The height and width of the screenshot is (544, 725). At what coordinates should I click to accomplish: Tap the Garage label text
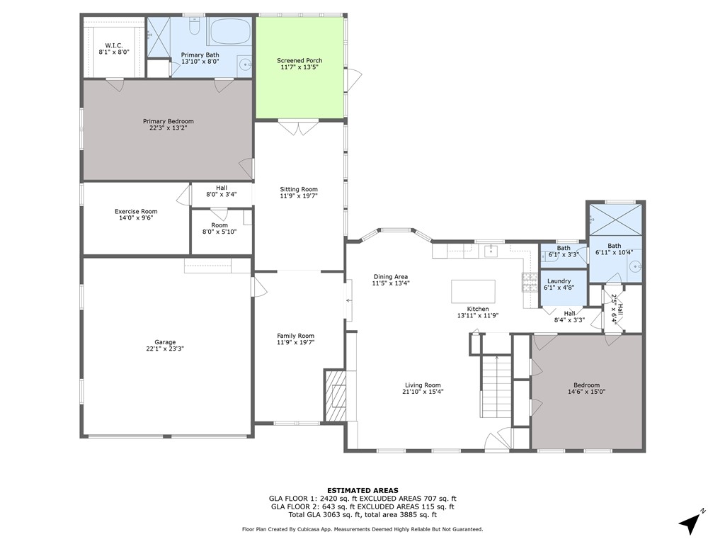165,342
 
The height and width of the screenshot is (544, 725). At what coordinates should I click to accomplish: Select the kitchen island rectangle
473,291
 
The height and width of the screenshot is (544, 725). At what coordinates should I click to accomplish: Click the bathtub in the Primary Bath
229,31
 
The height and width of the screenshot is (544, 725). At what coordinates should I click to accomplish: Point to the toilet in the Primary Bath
195,28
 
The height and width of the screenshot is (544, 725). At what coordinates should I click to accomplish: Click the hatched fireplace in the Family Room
335,395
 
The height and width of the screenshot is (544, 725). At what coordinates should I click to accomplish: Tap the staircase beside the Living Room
496,386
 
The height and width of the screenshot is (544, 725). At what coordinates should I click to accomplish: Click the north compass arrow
690,523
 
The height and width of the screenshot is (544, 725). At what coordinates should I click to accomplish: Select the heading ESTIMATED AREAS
362,490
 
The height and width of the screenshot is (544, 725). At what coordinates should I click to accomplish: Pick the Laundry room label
559,280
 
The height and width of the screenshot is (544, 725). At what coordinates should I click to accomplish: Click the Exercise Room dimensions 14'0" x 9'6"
136,217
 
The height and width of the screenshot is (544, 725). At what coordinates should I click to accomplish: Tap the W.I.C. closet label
114,45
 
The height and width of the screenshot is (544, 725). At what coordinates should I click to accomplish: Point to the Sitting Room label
299,189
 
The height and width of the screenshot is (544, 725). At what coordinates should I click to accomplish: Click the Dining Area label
391,277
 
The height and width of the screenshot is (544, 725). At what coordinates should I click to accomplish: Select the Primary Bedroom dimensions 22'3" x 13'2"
169,127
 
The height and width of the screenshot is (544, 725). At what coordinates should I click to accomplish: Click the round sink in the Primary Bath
245,63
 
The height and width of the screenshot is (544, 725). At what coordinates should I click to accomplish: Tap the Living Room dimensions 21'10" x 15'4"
423,391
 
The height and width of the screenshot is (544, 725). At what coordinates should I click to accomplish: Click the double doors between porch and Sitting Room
299,127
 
